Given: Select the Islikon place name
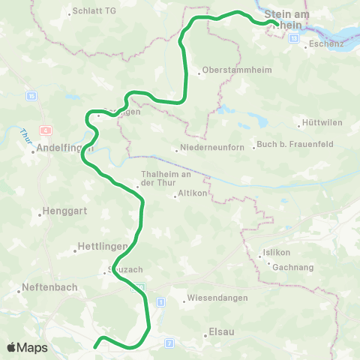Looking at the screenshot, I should tap(284, 252).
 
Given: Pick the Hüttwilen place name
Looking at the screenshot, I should tap(316, 121).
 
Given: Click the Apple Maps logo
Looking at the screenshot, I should tap(27, 348).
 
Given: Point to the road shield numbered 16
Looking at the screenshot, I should tap(31, 96).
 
